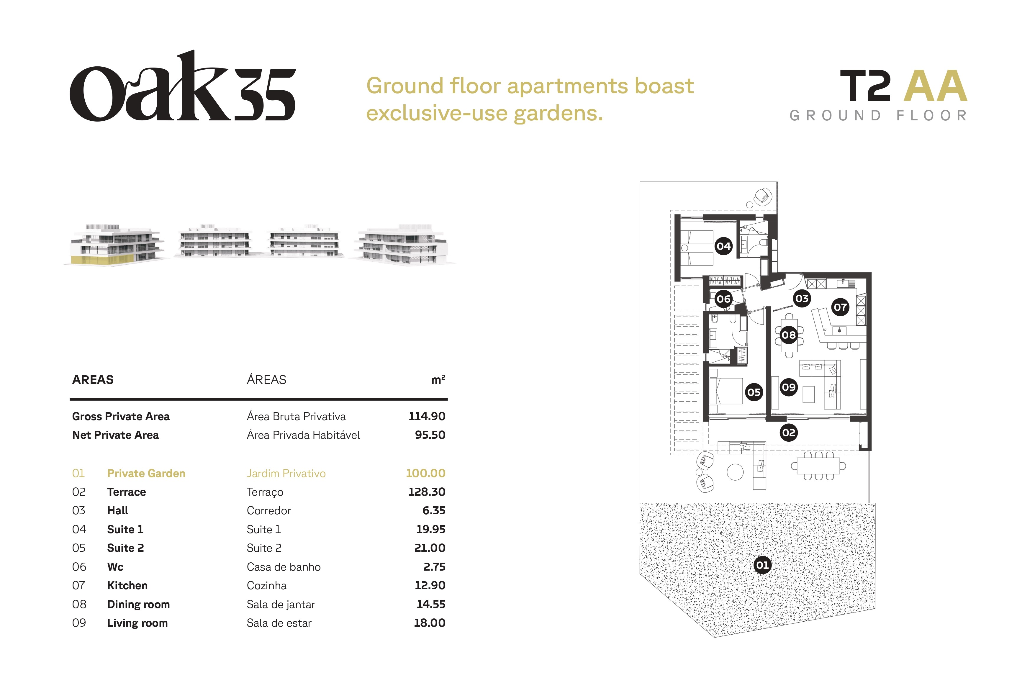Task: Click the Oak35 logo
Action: coord(182,86)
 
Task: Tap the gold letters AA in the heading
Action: coord(935,86)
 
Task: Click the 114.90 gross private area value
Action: coord(427,416)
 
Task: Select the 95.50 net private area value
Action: coord(430,435)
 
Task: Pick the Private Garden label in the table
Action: coord(146,474)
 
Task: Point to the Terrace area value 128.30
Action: coord(427,492)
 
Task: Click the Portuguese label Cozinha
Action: coord(267,585)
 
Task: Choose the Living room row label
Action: coord(137,623)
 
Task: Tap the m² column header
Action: coord(438,379)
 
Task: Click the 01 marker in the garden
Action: coord(762,565)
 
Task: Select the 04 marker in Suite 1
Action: coord(723,246)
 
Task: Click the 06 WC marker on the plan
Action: coord(723,299)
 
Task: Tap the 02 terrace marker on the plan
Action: coord(789,433)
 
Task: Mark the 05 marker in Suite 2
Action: coord(754,392)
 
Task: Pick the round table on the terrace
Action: coord(735,472)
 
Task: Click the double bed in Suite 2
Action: coord(726,391)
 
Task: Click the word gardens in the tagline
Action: coord(558,114)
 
